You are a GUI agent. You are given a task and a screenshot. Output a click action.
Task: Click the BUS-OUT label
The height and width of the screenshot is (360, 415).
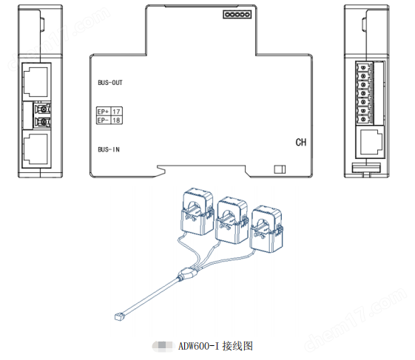pos(109,83)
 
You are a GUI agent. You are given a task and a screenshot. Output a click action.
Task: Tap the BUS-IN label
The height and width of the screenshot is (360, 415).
pos(109,149)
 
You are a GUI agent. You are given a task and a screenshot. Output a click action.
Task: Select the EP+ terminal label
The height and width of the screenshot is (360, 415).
pos(103,111)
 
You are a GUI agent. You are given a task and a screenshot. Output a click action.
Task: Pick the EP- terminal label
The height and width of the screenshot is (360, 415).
pos(103,119)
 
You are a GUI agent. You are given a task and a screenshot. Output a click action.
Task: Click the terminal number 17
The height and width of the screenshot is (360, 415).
pos(116,111)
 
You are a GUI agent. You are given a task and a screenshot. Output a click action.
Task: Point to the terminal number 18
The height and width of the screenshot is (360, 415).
pos(116,119)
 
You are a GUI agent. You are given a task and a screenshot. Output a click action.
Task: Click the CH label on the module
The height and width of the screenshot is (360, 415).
pos(301,142)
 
